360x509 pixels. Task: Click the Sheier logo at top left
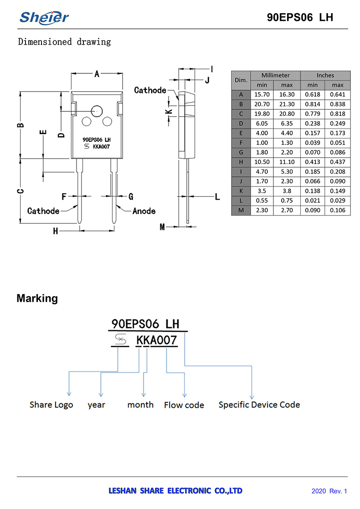coord(44,17)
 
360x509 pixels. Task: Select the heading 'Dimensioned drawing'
coord(64,42)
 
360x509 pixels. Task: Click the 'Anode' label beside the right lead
coord(144,211)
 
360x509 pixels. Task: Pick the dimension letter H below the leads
coord(56,231)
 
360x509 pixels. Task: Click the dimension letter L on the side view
coord(217,197)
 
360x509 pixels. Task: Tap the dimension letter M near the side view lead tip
coord(162,226)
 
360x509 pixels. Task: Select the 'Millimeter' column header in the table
coord(275,75)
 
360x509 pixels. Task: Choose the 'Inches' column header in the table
coord(325,75)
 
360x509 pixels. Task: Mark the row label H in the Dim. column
coord(241,162)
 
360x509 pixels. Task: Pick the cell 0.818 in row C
coord(338,114)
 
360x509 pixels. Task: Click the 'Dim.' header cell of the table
coord(241,80)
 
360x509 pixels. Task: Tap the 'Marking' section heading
coord(37,298)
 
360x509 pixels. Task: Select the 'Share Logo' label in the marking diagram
coord(51,405)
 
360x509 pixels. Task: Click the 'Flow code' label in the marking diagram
coord(184,405)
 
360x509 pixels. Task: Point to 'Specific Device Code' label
coord(259,405)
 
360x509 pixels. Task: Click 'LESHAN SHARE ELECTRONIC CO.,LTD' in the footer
coord(175,491)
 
